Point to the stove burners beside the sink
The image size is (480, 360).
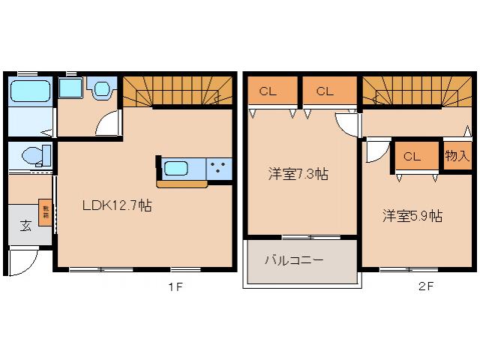[220, 167]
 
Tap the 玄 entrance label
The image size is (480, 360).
[25, 225]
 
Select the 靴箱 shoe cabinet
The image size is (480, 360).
[45, 212]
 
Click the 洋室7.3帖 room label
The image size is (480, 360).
[298, 174]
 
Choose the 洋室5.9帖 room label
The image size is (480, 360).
[412, 216]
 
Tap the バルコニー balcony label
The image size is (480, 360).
[293, 261]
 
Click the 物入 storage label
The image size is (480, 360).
[456, 156]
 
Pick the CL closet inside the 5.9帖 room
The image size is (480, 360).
[411, 157]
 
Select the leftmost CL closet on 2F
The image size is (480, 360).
[268, 91]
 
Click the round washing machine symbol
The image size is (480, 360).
[100, 90]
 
